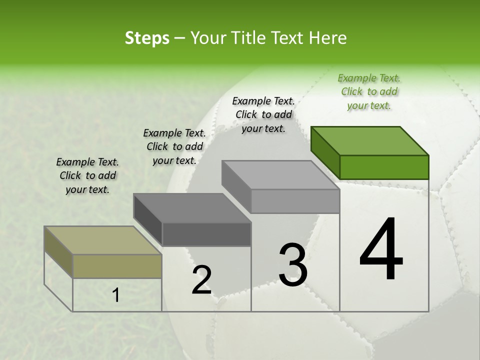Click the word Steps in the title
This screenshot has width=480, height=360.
(x=147, y=38)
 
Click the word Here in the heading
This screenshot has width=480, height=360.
(x=327, y=38)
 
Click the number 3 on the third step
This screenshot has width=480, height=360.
(x=293, y=264)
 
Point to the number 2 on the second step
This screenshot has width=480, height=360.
(x=201, y=280)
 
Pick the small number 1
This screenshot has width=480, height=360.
(x=115, y=295)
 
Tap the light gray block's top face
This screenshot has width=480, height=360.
(x=280, y=175)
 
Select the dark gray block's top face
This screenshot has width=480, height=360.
(x=192, y=208)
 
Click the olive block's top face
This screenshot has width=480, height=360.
(x=103, y=240)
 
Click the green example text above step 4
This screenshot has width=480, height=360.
(x=369, y=91)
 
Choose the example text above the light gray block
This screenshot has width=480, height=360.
(x=263, y=114)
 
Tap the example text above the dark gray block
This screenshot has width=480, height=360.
(x=174, y=146)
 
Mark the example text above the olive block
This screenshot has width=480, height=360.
(x=87, y=175)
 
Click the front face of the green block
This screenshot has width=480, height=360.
(x=384, y=167)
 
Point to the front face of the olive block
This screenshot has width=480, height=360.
(x=117, y=266)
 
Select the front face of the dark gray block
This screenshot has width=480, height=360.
(x=206, y=234)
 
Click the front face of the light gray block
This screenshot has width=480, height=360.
(x=295, y=201)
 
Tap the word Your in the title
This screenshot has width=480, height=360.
(x=208, y=38)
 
